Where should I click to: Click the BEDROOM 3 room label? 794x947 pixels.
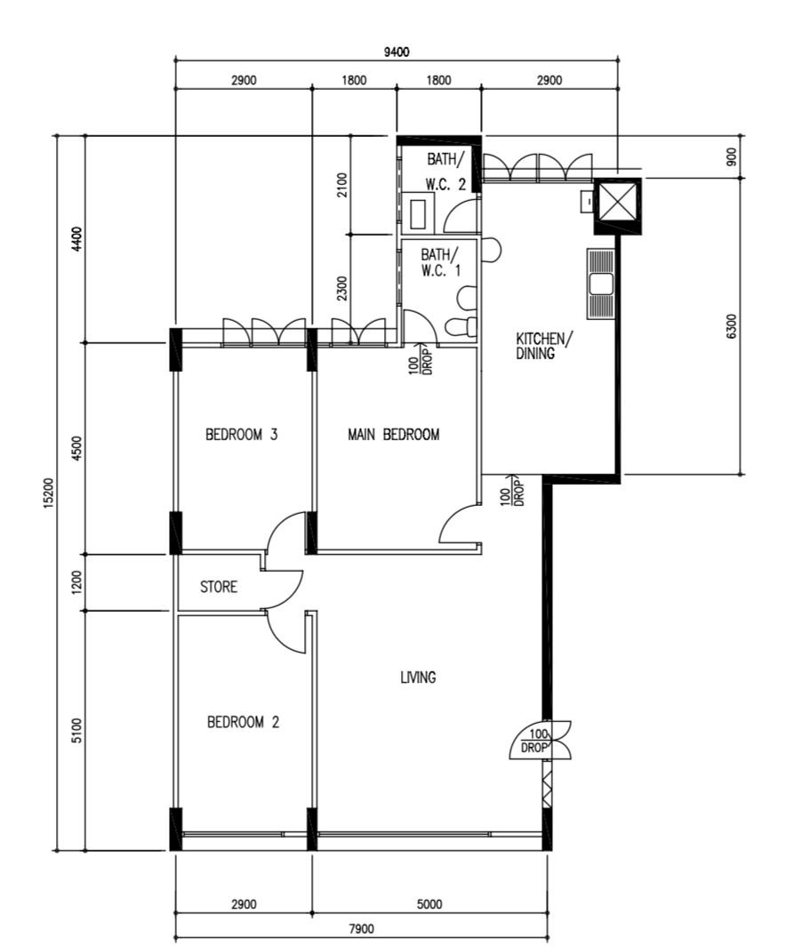click(x=242, y=434)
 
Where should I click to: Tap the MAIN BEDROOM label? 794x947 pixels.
click(x=394, y=434)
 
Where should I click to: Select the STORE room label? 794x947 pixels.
click(x=219, y=587)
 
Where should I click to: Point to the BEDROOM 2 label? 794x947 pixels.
click(x=244, y=722)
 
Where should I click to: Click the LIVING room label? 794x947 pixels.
click(x=418, y=677)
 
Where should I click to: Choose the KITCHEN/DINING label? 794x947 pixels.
click(x=541, y=346)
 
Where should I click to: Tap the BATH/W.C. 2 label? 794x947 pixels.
click(x=446, y=172)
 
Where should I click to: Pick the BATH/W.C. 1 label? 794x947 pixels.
click(x=440, y=262)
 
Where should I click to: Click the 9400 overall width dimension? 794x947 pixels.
click(x=397, y=52)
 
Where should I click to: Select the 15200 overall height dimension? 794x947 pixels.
click(x=49, y=493)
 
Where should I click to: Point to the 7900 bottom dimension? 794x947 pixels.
click(x=361, y=928)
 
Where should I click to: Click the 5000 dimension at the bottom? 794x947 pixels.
click(x=429, y=903)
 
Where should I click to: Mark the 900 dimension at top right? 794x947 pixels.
click(x=732, y=156)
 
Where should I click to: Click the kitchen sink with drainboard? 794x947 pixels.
click(x=600, y=284)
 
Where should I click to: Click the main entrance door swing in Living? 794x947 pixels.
click(x=541, y=740)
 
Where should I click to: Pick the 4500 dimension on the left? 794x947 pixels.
click(x=76, y=448)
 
